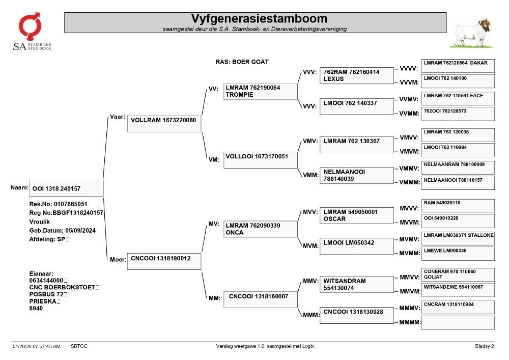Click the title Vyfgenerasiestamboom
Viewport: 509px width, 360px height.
tap(259, 18)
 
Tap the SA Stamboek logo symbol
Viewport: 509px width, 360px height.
tap(30, 26)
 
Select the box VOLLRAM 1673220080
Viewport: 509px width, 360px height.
tap(164, 124)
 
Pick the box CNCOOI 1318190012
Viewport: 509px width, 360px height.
tap(164, 261)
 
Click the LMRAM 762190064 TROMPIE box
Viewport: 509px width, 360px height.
tap(260, 91)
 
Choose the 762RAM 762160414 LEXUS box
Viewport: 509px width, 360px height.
tap(356, 76)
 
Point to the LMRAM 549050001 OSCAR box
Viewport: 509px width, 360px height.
tap(356, 215)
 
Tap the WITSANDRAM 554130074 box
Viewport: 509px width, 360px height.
tap(356, 284)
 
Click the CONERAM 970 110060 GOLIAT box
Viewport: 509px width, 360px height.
tap(458, 274)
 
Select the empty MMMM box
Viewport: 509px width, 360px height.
tap(458, 323)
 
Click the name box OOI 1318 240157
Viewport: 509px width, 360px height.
tap(66, 188)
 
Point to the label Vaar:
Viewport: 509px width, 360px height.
tap(118, 117)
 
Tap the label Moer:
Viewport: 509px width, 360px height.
tap(118, 259)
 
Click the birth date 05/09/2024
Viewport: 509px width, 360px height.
tap(80, 231)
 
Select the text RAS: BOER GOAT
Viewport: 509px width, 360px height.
tap(242, 62)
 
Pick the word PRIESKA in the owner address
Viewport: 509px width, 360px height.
tap(43, 301)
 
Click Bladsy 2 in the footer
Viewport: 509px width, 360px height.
tap(485, 346)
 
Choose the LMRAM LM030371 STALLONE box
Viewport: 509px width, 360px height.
tap(458, 238)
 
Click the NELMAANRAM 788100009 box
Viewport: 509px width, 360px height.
tap(458, 168)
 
